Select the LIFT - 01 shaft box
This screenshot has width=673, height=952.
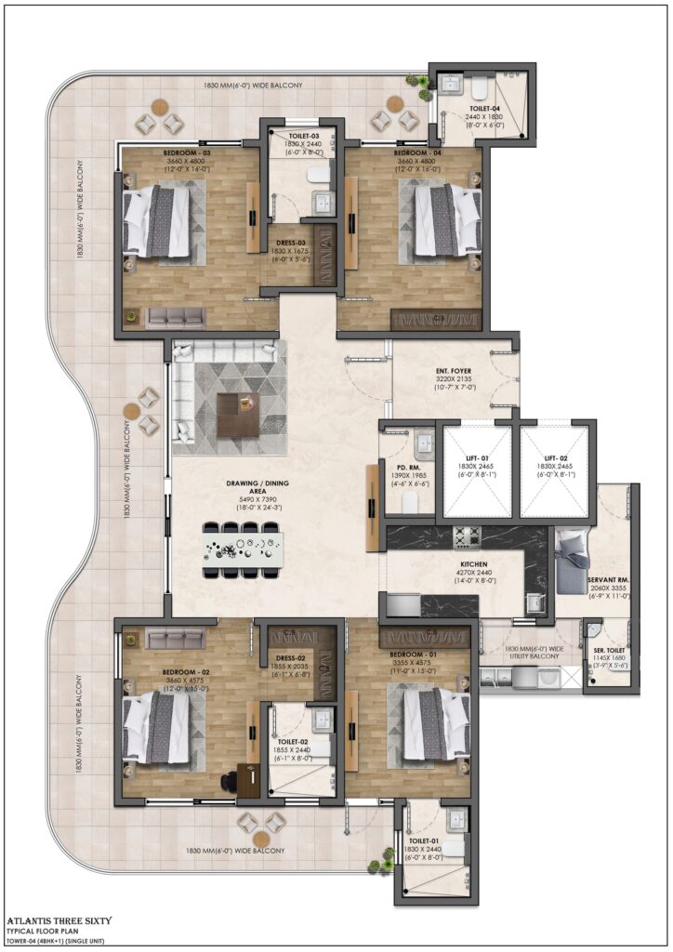[477, 470]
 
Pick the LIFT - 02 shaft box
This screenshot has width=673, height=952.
[555, 470]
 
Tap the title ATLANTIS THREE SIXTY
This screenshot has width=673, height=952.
[59, 920]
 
